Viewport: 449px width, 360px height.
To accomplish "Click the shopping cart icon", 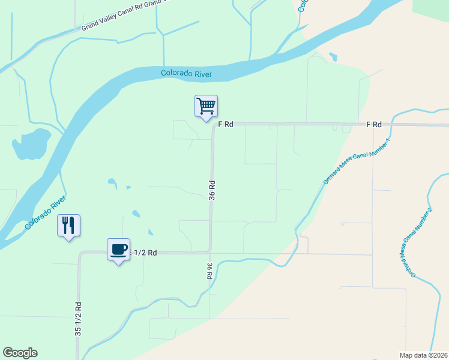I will [206, 106].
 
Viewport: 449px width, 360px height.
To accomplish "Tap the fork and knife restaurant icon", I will [69, 226].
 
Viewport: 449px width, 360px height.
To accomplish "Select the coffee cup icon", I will [118, 249].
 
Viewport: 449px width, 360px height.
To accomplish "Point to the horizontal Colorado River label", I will [186, 74].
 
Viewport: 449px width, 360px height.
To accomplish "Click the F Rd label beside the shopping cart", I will [225, 124].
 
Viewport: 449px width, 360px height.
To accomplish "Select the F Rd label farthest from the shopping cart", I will [375, 124].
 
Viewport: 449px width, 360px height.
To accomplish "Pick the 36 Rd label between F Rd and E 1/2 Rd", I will [212, 189].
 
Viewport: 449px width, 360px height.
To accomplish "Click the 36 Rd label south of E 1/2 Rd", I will [209, 271].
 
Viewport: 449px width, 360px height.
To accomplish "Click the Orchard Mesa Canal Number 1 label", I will [357, 160].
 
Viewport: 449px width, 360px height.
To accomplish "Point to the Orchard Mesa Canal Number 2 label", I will [416, 242].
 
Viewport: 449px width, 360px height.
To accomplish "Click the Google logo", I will [20, 353].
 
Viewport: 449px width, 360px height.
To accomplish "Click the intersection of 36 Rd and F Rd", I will [213, 125].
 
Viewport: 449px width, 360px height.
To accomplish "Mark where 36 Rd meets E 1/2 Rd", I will [209, 252].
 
